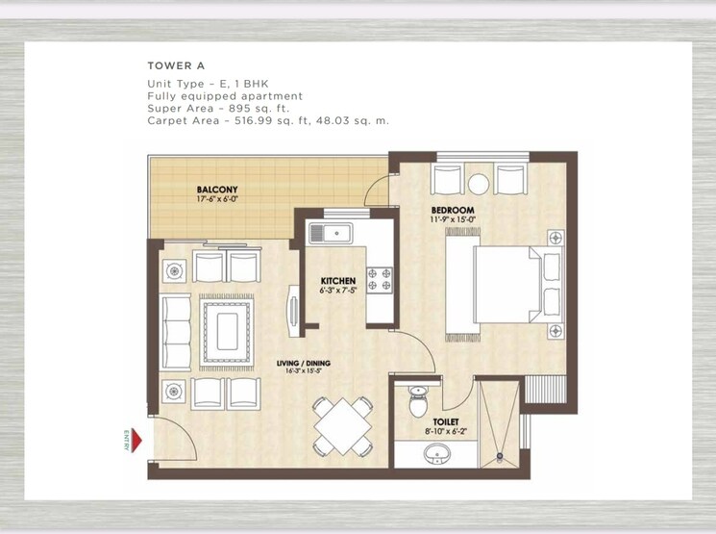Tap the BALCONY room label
[x=218, y=190]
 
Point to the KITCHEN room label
[x=338, y=282]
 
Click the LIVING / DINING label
[x=304, y=363]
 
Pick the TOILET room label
[x=444, y=421]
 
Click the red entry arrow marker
[x=136, y=442]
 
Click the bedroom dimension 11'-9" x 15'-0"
[x=453, y=219]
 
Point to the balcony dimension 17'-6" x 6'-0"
[x=218, y=200]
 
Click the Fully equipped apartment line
[x=225, y=96]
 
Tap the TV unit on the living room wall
[x=294, y=310]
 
